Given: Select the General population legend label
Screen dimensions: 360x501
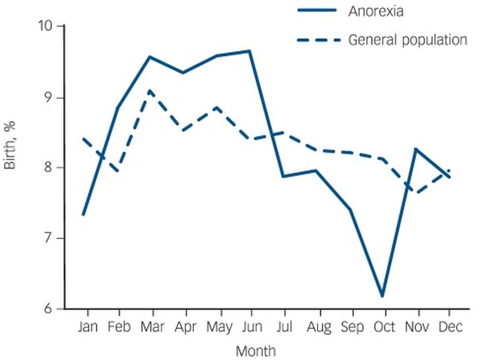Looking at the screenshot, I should [408, 40].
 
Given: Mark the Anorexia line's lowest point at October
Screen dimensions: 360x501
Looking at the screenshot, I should [382, 296].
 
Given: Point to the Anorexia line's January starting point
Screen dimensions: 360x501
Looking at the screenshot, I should [83, 215].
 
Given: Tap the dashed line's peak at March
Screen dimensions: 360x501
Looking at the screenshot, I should [151, 90].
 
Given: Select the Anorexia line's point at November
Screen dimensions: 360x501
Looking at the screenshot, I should [416, 149].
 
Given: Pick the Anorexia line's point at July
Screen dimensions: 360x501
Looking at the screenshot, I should [283, 176].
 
